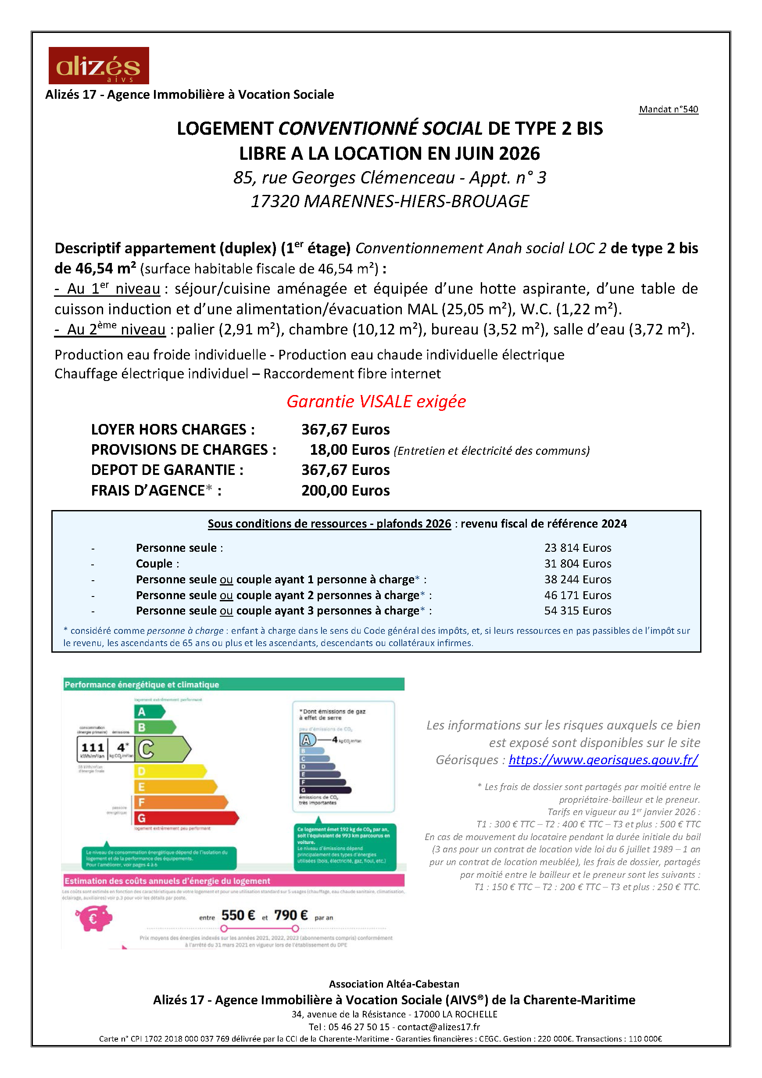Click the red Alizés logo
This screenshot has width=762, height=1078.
pos(99,65)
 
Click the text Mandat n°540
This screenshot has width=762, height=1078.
pos(668,109)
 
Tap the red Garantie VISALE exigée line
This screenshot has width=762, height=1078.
pos(376,402)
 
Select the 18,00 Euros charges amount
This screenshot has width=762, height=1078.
pos(350,450)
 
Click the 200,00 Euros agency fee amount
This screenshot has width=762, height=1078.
pos(345,491)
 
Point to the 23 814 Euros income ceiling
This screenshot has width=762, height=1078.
pos(578,548)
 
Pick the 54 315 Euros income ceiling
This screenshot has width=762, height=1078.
pos(578,611)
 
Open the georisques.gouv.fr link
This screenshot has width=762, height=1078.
pos(603,760)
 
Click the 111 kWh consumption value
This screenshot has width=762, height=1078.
pos(93,747)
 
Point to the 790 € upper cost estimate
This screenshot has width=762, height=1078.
pos(291,915)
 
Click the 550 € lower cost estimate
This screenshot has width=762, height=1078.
pos(238,915)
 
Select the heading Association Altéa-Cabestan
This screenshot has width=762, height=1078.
pos(394,984)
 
